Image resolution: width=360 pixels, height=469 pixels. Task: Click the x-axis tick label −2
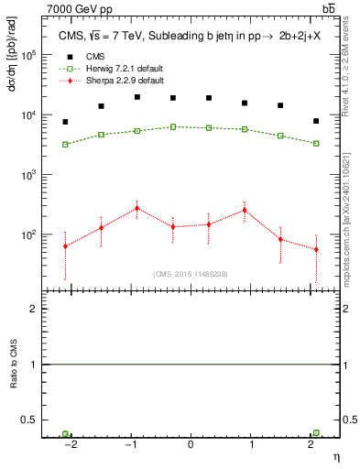(x=70, y=442)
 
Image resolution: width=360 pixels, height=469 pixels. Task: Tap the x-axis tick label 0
(x=191, y=442)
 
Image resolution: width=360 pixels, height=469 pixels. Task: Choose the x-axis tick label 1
(x=250, y=442)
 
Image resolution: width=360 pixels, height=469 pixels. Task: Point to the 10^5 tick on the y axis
(x=27, y=55)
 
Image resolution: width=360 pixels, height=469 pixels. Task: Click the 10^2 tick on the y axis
(x=27, y=235)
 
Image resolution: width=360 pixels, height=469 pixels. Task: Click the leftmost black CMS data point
(x=65, y=122)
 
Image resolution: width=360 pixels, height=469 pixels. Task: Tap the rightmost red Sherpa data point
(x=316, y=249)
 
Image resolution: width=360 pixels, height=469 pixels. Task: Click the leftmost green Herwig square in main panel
(x=65, y=144)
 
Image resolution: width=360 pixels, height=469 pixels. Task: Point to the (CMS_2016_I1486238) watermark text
(x=191, y=274)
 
